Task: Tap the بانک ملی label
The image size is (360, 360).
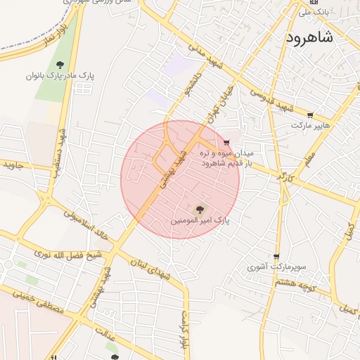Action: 314,12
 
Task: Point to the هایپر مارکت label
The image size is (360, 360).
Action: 311,125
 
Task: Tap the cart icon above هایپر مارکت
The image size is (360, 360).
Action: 310,115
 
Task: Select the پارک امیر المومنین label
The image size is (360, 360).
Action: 200,221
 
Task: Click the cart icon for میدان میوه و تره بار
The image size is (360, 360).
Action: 226,143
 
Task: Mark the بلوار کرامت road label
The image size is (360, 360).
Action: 184,325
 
